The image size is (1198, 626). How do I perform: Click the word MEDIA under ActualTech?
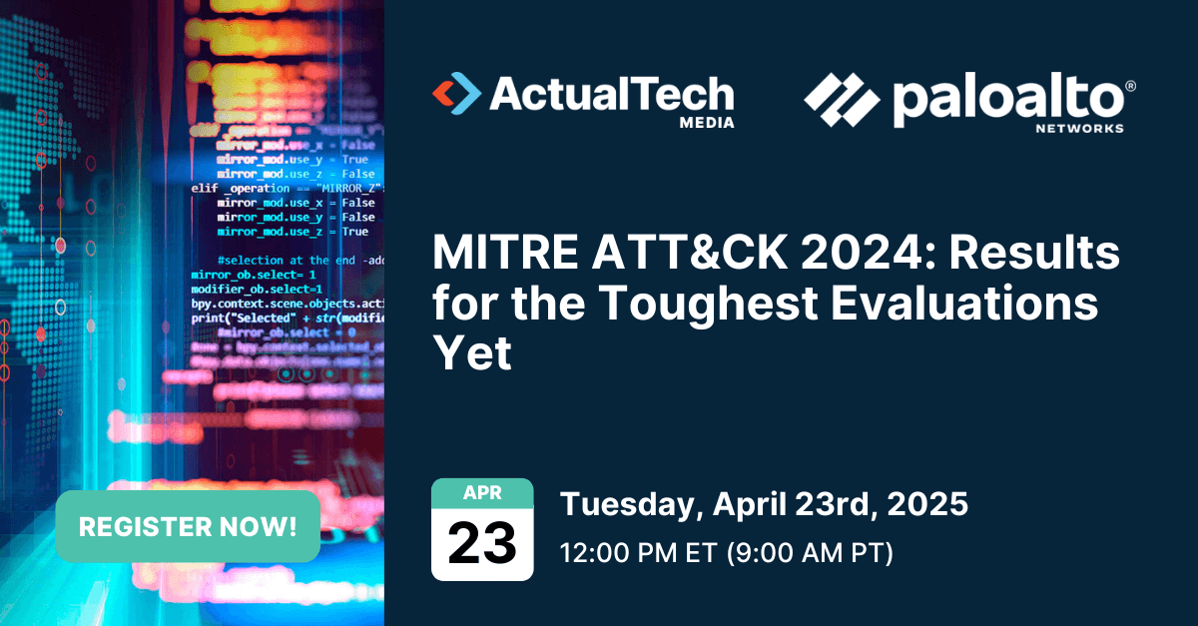pos(706,123)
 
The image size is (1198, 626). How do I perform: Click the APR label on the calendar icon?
pos(482,492)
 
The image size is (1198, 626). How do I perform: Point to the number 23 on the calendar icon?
pos(482,543)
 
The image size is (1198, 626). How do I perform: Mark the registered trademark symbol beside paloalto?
pos(1129,87)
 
